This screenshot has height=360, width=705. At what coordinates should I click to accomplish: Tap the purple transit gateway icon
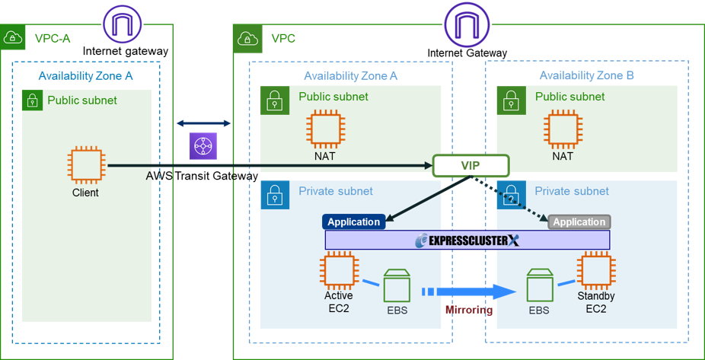pyautogui.click(x=203, y=145)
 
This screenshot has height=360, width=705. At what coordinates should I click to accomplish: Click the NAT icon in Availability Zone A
pyautogui.click(x=324, y=129)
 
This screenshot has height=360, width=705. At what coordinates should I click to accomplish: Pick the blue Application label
pyautogui.click(x=354, y=221)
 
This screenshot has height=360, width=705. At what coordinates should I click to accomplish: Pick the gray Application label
pyautogui.click(x=579, y=221)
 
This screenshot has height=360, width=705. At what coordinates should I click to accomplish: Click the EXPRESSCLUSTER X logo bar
pyautogui.click(x=467, y=241)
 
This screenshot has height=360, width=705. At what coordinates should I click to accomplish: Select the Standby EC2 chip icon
pyautogui.click(x=595, y=271)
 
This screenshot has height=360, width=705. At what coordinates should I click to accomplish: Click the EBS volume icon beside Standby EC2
pyautogui.click(x=540, y=285)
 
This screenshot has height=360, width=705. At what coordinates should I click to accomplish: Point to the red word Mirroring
pyautogui.click(x=468, y=310)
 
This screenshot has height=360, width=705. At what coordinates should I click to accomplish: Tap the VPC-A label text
pyautogui.click(x=53, y=37)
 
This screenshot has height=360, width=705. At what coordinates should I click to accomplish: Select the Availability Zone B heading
pyautogui.click(x=586, y=75)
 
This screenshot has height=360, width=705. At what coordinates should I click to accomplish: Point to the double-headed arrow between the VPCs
pyautogui.click(x=203, y=123)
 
